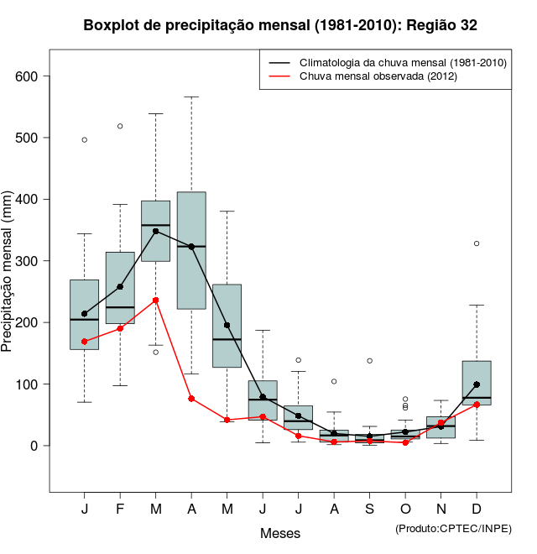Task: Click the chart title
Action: coord(280,25)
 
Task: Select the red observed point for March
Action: coord(156,300)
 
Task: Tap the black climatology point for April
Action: coord(191,247)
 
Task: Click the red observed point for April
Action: coord(191,399)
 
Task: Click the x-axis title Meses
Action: coord(280,533)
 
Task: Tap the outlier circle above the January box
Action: coord(85,139)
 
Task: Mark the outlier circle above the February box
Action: coord(120,126)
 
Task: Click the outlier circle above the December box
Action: coord(477,243)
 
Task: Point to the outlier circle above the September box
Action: coord(369,361)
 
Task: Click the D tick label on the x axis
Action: coord(477,510)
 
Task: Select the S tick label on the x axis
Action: coord(369,510)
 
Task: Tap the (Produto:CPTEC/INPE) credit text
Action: coord(453,528)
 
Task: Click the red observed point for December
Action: coord(477,405)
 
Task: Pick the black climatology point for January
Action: coord(85,314)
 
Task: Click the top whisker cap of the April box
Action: coord(191,97)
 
